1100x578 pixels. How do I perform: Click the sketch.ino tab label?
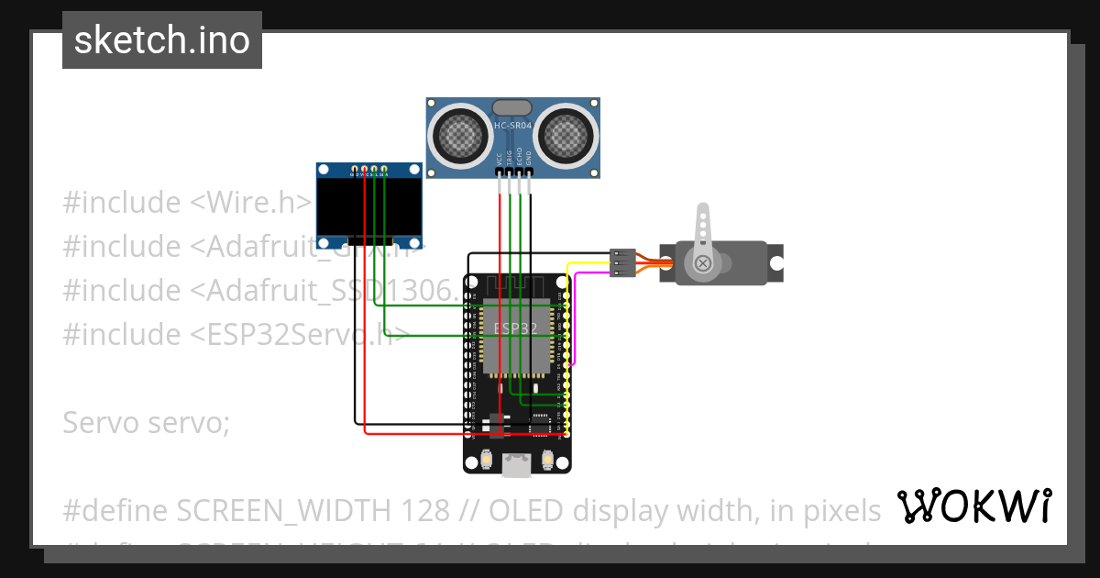tap(161, 40)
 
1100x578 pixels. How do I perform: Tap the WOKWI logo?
tap(973, 506)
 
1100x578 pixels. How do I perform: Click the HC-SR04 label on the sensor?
tap(512, 126)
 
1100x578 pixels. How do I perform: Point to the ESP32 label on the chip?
tap(515, 328)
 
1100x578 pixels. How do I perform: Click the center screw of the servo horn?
tap(703, 264)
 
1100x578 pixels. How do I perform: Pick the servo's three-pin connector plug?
tap(622, 262)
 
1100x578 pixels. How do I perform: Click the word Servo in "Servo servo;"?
tap(99, 423)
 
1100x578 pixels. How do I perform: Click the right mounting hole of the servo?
tap(775, 262)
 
